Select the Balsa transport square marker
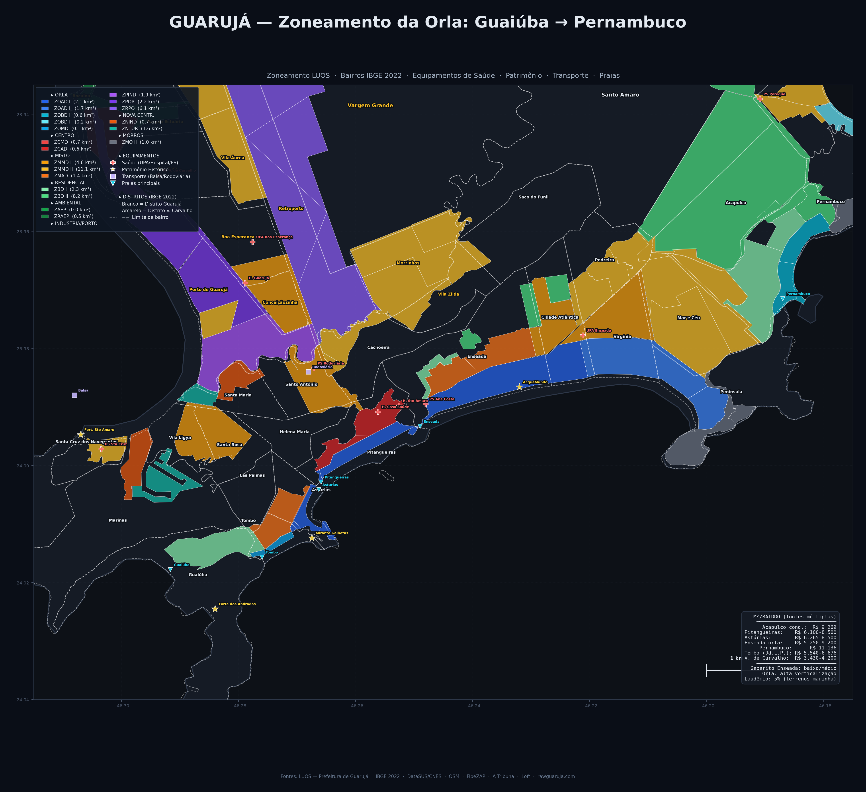point(75,395)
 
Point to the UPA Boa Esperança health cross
point(253,242)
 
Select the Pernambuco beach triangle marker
point(783,298)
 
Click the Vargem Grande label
point(370,105)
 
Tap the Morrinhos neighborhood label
point(408,263)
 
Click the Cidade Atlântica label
point(560,317)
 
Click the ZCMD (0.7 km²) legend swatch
point(45,142)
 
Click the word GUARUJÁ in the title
point(210,22)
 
